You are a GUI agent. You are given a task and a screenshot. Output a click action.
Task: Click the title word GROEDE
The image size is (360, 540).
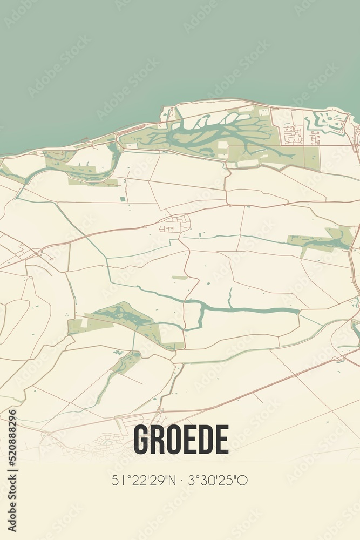181,439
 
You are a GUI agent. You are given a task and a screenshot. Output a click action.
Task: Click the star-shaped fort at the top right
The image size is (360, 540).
327,122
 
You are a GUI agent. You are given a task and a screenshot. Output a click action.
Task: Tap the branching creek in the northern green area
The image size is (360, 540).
216,130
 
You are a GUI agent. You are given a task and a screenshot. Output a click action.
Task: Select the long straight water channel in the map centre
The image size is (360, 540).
254,310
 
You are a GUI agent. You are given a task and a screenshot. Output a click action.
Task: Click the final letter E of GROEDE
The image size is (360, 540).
222,439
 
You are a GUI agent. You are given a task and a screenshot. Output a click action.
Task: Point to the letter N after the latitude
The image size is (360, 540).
173,480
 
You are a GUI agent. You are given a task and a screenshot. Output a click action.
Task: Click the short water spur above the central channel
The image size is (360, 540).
230,297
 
